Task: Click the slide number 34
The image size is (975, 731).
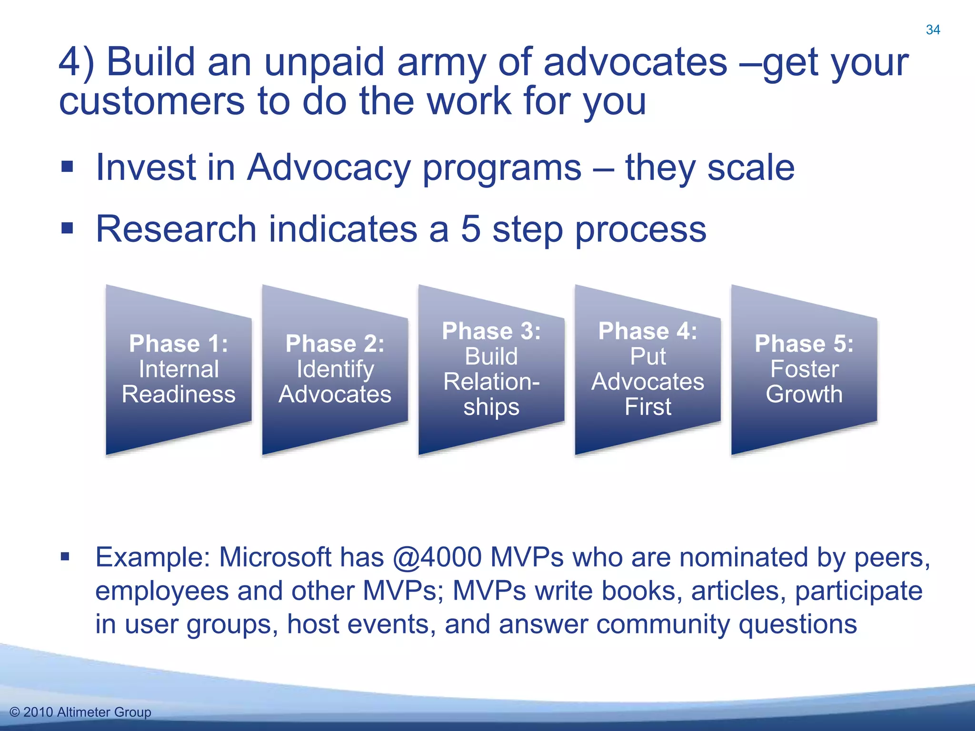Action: point(933,30)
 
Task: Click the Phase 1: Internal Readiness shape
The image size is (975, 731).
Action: point(179,369)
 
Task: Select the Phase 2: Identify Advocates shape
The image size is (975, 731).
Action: point(335,369)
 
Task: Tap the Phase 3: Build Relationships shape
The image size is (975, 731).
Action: point(491,369)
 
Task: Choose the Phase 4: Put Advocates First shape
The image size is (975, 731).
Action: point(647,369)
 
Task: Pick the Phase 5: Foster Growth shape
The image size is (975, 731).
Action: point(804,369)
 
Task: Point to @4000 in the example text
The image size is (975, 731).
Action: point(438,557)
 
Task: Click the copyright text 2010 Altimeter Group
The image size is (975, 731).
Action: point(81,712)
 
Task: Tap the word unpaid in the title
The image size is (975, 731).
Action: point(324,63)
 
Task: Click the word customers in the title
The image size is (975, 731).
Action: point(151,101)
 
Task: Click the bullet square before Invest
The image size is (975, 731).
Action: point(67,167)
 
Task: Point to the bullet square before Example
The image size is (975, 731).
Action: point(65,556)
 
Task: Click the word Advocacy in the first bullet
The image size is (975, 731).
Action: point(328,168)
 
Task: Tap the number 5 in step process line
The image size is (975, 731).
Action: point(471,229)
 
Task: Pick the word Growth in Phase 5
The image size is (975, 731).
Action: point(804,394)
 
